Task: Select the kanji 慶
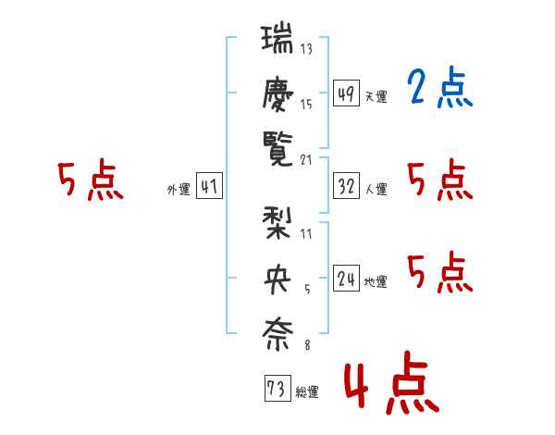tap(277, 94)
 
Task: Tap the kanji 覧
tap(277, 149)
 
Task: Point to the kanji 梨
tap(277, 224)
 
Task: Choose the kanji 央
tap(277, 280)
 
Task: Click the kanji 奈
tap(277, 334)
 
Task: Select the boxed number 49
tap(346, 93)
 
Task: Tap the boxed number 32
tap(346, 186)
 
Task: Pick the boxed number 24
tap(346, 278)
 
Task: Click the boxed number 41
tap(209, 186)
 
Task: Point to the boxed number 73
tap(277, 388)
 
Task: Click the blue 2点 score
tap(440, 87)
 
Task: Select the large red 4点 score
tap(392, 382)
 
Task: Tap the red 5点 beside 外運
tap(91, 180)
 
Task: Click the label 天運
tap(376, 96)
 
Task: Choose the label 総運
tap(307, 391)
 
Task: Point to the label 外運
tap(179, 189)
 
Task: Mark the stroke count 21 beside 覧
tap(306, 160)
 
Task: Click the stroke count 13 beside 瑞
tap(306, 48)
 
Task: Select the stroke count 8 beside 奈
tap(308, 344)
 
